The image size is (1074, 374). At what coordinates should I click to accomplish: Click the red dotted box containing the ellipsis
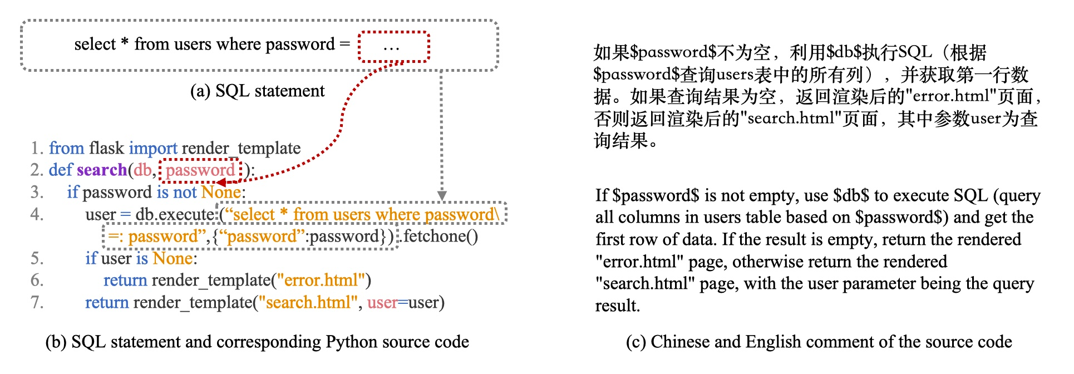point(393,47)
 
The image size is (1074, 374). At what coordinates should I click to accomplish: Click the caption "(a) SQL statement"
point(257,91)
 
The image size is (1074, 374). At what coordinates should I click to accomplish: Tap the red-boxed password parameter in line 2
point(200,170)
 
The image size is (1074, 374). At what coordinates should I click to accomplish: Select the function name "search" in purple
point(102,170)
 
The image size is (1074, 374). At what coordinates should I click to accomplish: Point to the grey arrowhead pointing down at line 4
point(442,195)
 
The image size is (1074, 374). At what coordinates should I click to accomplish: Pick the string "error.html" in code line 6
point(321,280)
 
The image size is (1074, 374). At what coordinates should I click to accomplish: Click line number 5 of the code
point(37,258)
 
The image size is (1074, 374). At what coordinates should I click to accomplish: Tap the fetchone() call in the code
point(441,237)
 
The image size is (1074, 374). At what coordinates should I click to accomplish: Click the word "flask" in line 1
point(106,148)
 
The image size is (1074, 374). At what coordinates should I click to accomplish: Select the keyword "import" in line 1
point(153,148)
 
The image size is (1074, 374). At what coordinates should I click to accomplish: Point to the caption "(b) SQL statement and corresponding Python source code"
point(257,342)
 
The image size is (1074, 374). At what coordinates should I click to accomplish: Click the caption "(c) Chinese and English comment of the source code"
point(819,342)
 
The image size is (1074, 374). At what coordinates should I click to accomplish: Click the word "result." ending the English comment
point(618,306)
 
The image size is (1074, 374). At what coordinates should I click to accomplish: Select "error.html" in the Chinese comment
point(951,96)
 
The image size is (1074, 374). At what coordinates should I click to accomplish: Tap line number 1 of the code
point(37,148)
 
